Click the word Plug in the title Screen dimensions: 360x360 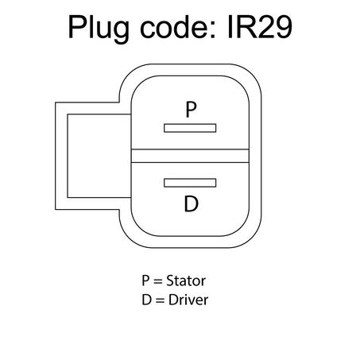(99, 29)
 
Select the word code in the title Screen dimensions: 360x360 (174, 27)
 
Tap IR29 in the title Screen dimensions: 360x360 (260, 27)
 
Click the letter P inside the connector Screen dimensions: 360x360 (191, 110)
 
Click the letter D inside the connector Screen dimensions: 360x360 (191, 203)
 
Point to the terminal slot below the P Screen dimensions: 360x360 (190, 128)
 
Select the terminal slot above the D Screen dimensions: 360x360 (190, 183)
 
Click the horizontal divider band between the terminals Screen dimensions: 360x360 (190, 156)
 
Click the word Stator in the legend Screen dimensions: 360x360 (186, 281)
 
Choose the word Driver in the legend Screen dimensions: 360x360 (188, 300)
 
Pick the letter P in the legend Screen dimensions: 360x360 (146, 281)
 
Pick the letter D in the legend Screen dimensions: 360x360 (147, 300)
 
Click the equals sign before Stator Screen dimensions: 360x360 (158, 281)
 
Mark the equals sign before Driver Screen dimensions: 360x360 (160, 300)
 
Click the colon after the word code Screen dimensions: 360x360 (213, 30)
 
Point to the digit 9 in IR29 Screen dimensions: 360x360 (283, 27)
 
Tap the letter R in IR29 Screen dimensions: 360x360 (245, 27)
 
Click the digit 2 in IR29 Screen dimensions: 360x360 (265, 27)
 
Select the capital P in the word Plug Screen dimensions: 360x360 (77, 27)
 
